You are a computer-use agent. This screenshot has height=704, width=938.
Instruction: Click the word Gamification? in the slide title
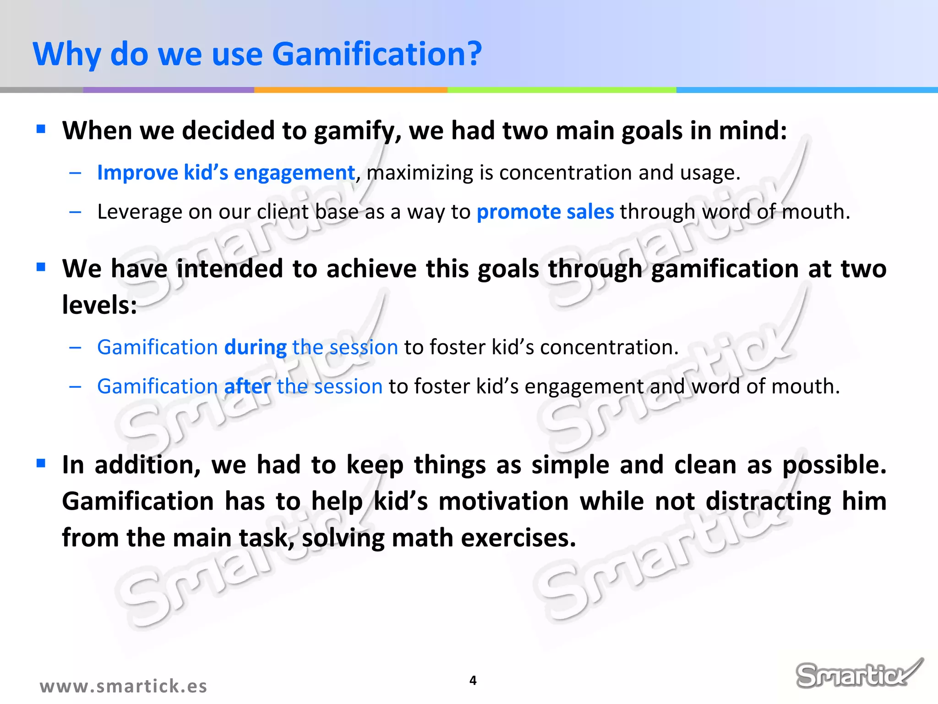(x=376, y=54)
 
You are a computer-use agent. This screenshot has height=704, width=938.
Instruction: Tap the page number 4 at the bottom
(x=473, y=680)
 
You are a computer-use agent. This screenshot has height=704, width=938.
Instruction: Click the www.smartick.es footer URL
(x=123, y=686)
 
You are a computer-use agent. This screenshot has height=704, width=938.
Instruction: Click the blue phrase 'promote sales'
(x=545, y=212)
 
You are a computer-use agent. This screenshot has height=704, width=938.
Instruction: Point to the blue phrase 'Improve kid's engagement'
(x=226, y=173)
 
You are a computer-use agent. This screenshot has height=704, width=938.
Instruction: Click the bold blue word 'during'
(x=255, y=347)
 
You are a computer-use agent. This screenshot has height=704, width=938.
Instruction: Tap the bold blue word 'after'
(x=247, y=386)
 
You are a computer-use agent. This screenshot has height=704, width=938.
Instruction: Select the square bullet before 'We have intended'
(x=41, y=267)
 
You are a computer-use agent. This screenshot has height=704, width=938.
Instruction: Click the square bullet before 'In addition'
(x=41, y=463)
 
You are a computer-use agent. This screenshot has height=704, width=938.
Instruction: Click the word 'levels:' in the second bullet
(x=99, y=305)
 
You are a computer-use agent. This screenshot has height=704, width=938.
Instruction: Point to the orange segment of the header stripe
(x=350, y=90)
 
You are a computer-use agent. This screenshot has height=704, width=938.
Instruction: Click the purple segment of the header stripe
(x=168, y=90)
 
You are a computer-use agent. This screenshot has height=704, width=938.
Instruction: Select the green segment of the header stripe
(x=562, y=90)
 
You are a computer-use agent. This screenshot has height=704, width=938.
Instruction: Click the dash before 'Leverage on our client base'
(x=75, y=212)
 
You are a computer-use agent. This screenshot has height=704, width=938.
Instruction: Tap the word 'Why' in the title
(x=67, y=54)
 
